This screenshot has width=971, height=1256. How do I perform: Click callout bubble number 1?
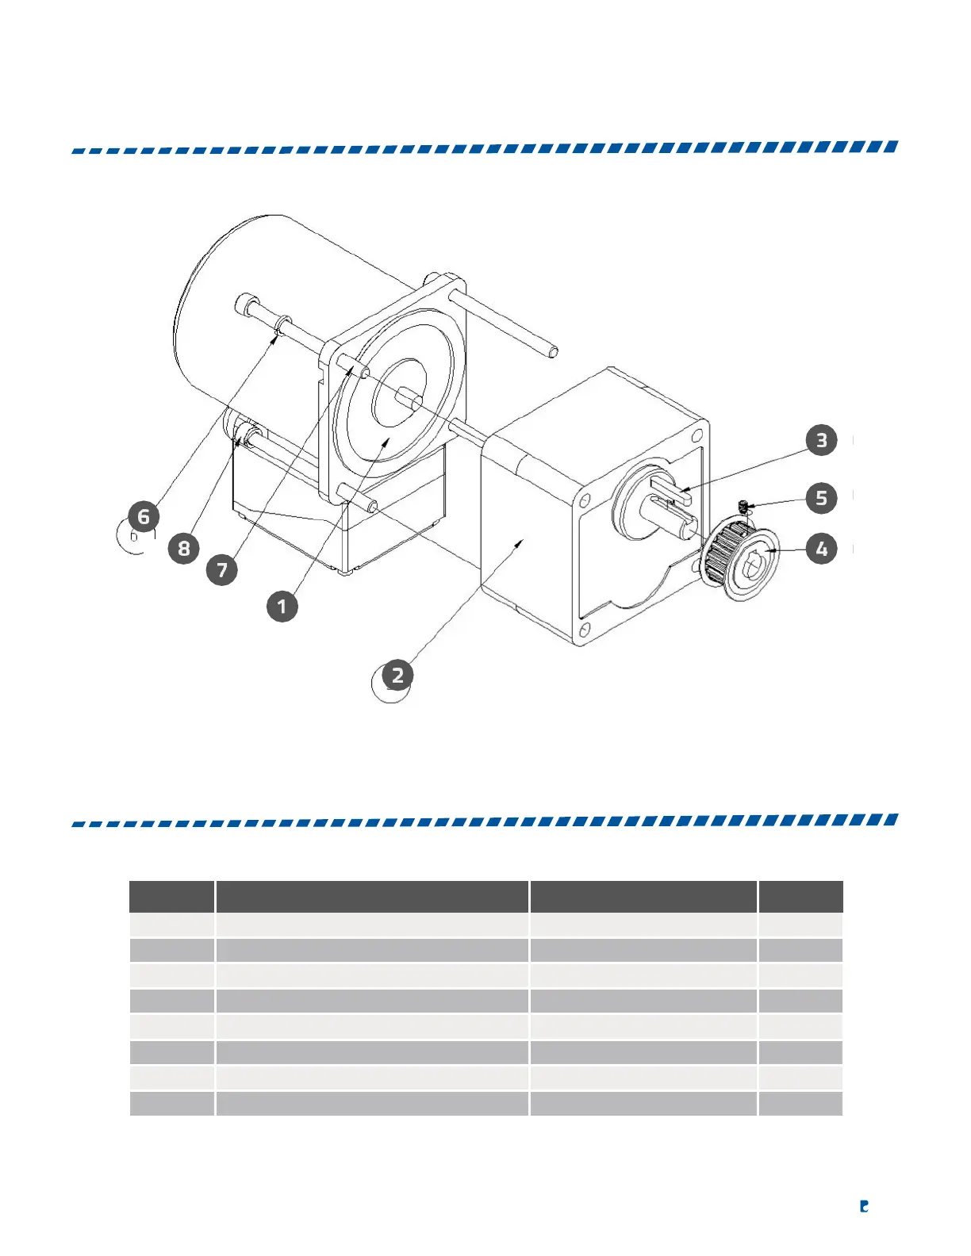click(282, 607)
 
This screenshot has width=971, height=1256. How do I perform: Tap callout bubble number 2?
click(397, 676)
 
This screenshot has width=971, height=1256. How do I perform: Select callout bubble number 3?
click(821, 440)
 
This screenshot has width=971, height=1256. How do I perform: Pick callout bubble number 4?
click(821, 548)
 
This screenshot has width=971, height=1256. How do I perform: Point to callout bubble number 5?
click(821, 498)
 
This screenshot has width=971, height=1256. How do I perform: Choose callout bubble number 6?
click(144, 517)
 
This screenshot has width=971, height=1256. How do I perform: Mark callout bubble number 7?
click(222, 569)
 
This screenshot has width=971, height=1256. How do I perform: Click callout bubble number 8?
click(183, 548)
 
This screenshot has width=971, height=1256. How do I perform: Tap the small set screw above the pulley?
click(743, 504)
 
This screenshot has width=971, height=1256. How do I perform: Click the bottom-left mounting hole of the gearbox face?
click(584, 630)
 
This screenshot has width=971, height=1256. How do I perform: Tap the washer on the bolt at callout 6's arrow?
click(282, 324)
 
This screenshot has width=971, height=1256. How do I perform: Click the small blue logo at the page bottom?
click(864, 1206)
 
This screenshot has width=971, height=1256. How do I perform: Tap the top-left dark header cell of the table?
click(171, 896)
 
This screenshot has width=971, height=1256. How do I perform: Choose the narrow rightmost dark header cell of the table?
click(800, 896)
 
